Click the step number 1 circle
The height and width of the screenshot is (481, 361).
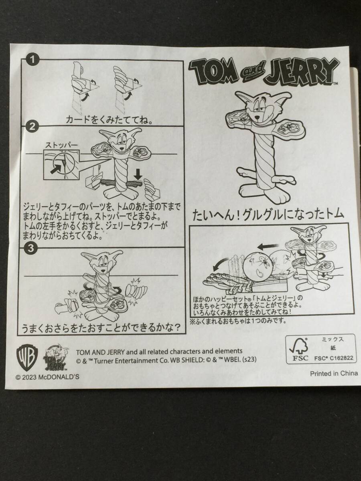tap(32, 60)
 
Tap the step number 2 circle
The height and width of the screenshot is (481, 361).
tap(32, 127)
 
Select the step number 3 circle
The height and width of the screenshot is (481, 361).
tap(32, 249)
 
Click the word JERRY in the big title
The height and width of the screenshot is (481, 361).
tap(302, 72)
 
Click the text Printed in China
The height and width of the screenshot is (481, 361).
tap(334, 373)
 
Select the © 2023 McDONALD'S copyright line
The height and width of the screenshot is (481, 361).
tap(47, 377)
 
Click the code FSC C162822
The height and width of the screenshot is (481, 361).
tap(334, 358)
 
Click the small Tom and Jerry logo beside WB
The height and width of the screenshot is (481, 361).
tap(56, 357)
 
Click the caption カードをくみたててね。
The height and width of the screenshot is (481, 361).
tap(109, 120)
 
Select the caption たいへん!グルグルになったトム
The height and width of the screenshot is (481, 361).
tap(268, 214)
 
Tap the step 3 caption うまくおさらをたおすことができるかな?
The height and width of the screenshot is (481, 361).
tap(101, 328)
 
